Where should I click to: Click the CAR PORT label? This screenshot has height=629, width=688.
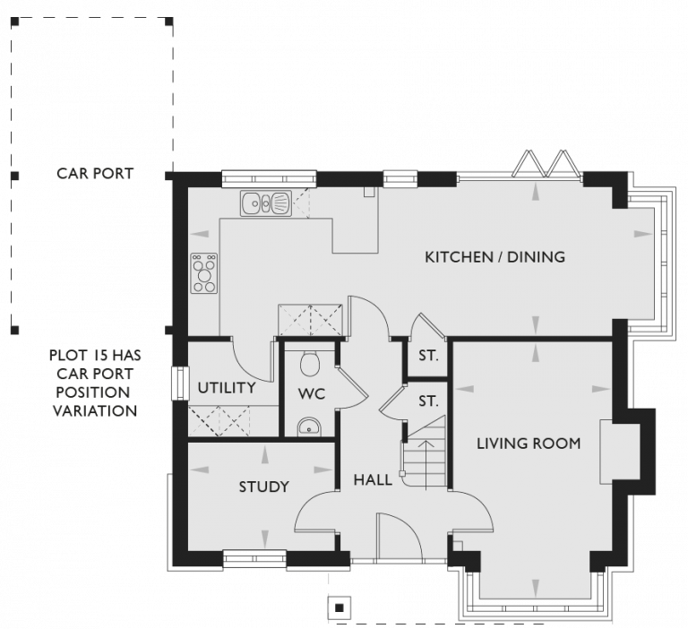click(94, 173)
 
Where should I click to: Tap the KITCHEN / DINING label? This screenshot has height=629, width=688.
click(494, 257)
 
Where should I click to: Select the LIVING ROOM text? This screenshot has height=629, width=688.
click(528, 443)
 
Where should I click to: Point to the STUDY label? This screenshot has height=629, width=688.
click(263, 487)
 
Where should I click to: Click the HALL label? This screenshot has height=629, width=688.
click(373, 480)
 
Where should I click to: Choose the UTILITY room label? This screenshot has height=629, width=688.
click(227, 388)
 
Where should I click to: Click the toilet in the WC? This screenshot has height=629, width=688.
click(310, 363)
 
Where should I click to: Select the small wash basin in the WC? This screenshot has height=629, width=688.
click(309, 427)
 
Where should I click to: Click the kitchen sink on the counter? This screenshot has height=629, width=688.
click(264, 205)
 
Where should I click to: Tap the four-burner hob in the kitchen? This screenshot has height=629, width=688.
click(204, 273)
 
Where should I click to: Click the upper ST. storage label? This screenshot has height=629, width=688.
click(428, 356)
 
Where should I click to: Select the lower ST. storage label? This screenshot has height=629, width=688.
click(428, 401)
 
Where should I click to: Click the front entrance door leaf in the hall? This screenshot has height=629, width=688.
click(379, 538)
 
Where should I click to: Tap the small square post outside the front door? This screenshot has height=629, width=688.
click(339, 607)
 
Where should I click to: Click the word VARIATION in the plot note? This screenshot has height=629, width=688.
click(94, 411)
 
